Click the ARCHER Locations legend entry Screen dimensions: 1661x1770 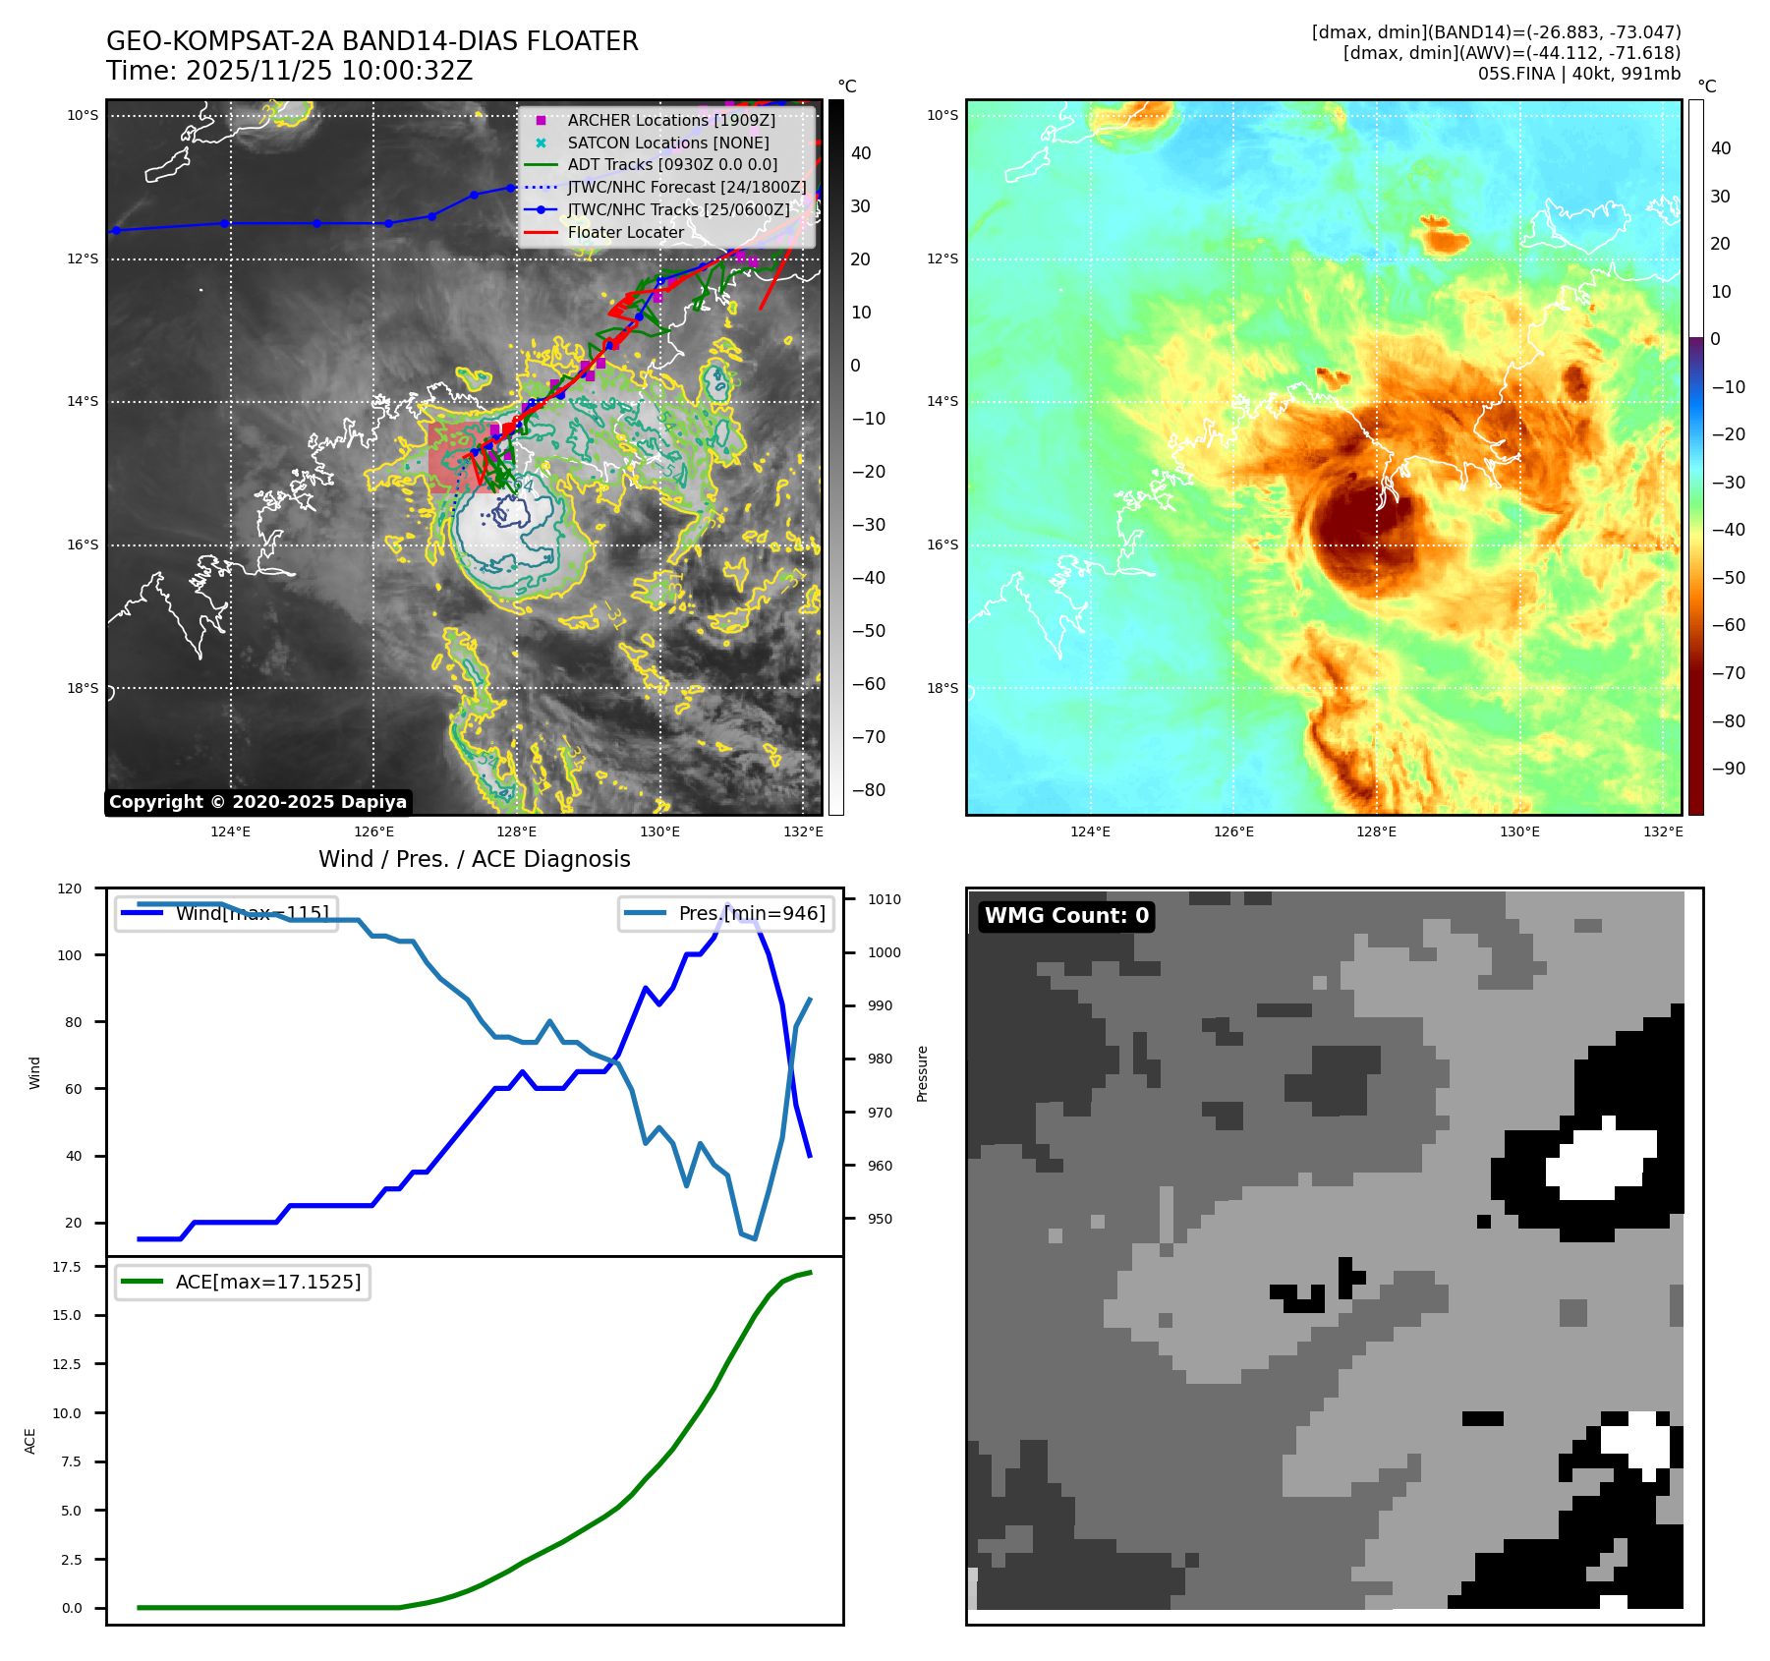coord(670,120)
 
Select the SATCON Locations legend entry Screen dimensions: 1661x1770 coord(667,143)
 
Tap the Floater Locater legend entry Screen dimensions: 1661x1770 coord(625,233)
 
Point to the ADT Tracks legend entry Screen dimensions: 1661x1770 coord(672,165)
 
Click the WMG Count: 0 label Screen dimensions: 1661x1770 coord(1066,916)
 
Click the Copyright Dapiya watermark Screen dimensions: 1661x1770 coord(257,802)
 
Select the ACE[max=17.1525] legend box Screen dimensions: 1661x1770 coord(243,1282)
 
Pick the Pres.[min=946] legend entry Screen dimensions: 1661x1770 coord(726,913)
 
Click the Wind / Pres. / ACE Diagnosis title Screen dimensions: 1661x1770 coord(474,859)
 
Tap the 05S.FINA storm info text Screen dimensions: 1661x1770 coord(1578,74)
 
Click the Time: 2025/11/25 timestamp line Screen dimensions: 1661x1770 coord(290,71)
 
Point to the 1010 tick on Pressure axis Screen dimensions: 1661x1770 coord(884,899)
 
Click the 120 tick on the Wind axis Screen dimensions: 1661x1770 coord(70,888)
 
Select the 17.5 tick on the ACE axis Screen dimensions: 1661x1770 coord(67,1267)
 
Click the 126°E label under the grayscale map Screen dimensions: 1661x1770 coord(373,831)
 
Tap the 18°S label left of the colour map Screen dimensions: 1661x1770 coord(942,688)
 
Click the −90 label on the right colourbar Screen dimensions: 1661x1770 coord(1728,769)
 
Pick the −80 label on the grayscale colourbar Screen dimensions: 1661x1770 coord(867,790)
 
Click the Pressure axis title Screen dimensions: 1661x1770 coord(922,1073)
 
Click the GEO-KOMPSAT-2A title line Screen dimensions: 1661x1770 coord(371,41)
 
